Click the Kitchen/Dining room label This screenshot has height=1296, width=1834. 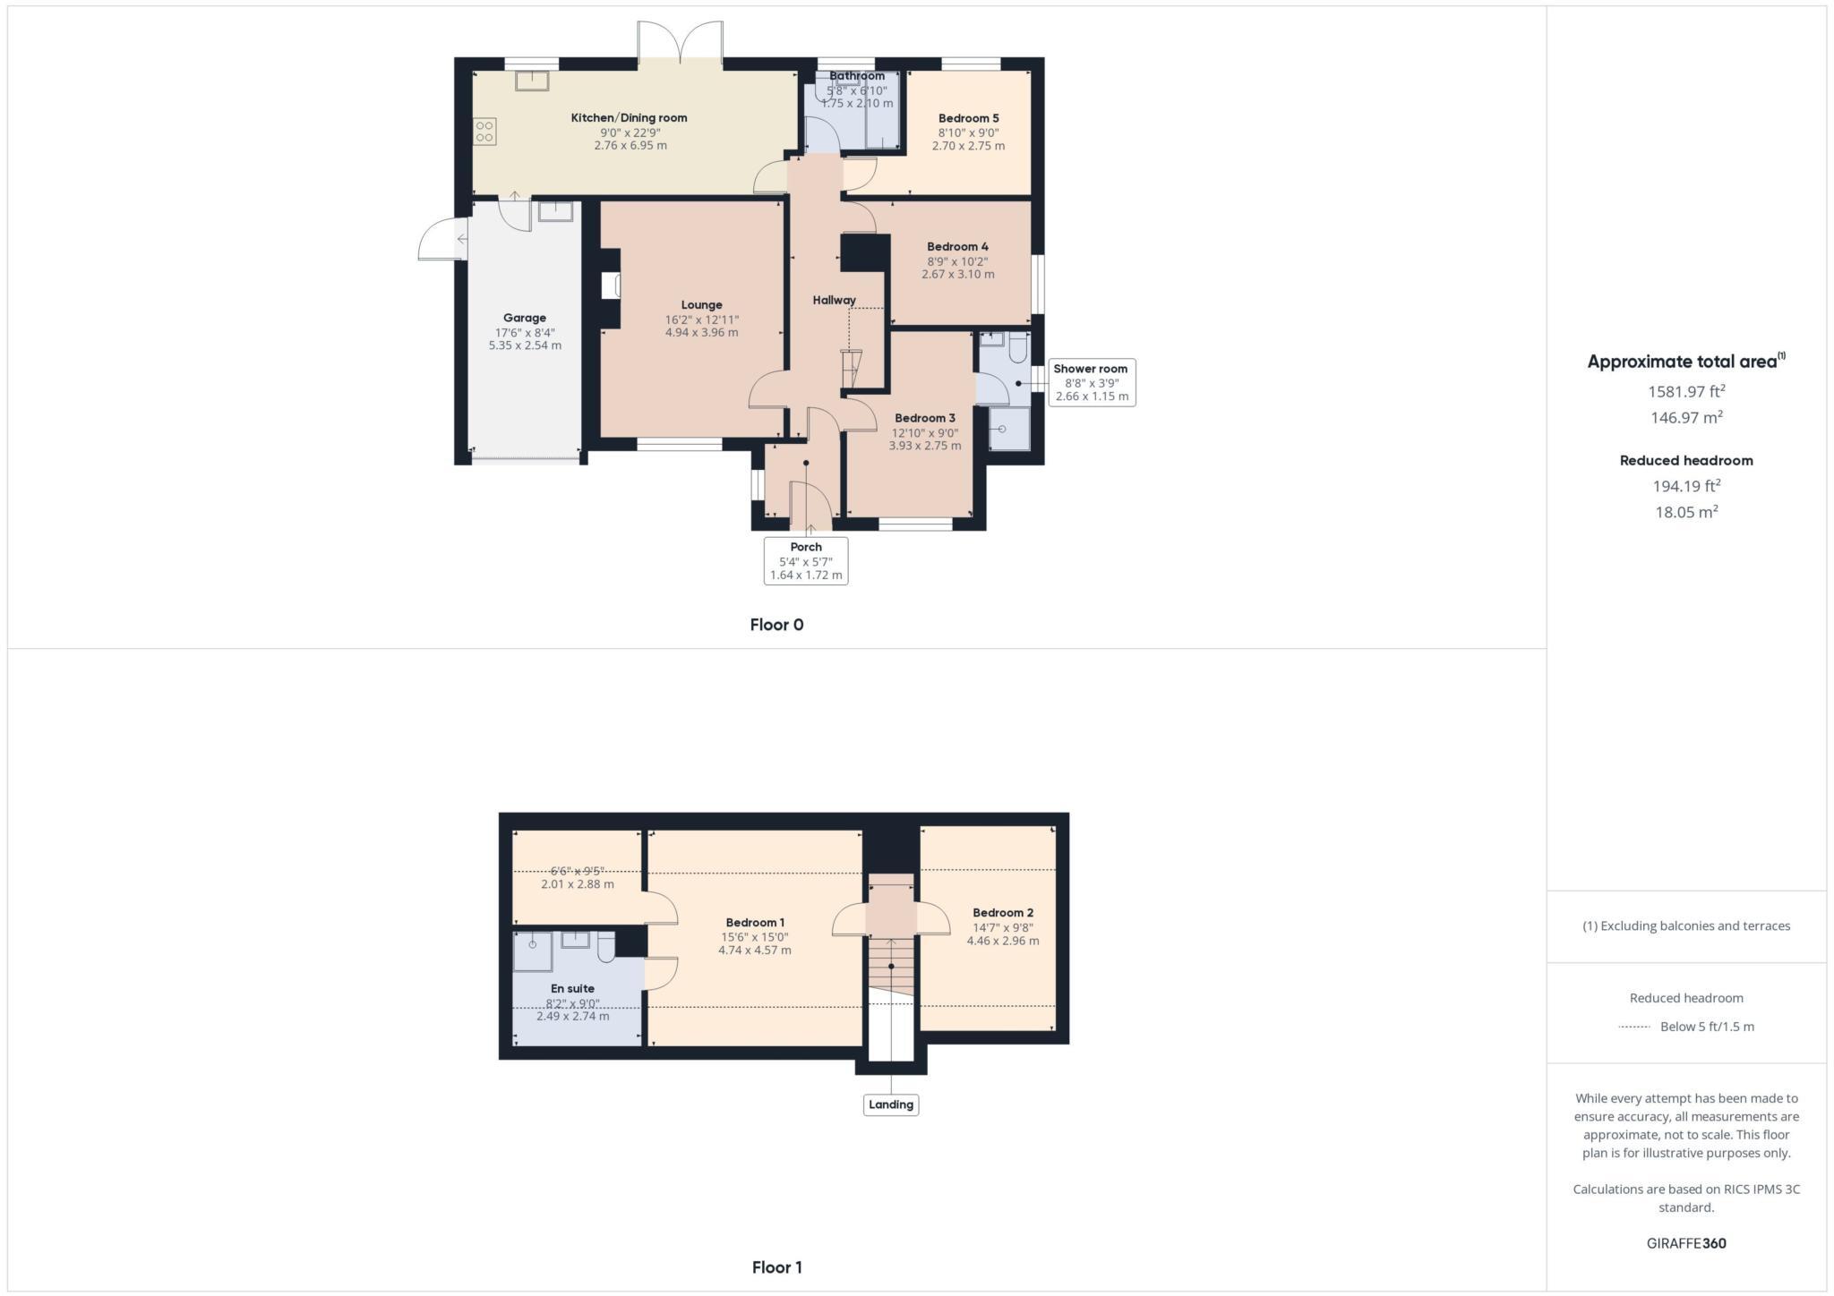click(629, 118)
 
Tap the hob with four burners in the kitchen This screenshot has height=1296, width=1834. click(484, 132)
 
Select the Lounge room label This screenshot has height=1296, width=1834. click(701, 305)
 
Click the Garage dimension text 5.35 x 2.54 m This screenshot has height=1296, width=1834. click(525, 345)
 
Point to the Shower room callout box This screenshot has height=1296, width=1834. click(1091, 382)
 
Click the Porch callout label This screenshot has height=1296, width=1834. click(806, 547)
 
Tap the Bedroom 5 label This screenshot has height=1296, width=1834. click(968, 118)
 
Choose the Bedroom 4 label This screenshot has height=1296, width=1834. click(957, 247)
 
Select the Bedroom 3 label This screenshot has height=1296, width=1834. click(924, 418)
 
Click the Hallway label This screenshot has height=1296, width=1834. click(834, 301)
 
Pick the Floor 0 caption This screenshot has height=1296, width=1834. click(776, 625)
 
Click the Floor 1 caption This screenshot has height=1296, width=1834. click(776, 1267)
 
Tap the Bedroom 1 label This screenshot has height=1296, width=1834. click(755, 923)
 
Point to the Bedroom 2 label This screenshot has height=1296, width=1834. click(1003, 913)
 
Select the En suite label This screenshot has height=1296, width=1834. click(572, 989)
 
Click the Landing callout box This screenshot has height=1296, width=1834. click(890, 1104)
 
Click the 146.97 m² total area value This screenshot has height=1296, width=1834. click(1686, 417)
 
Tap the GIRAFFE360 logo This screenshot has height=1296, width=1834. click(1686, 1243)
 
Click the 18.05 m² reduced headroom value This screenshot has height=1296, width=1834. click(1686, 512)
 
